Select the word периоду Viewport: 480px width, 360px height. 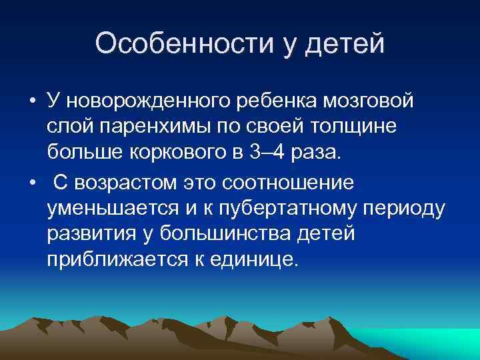(407, 207)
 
